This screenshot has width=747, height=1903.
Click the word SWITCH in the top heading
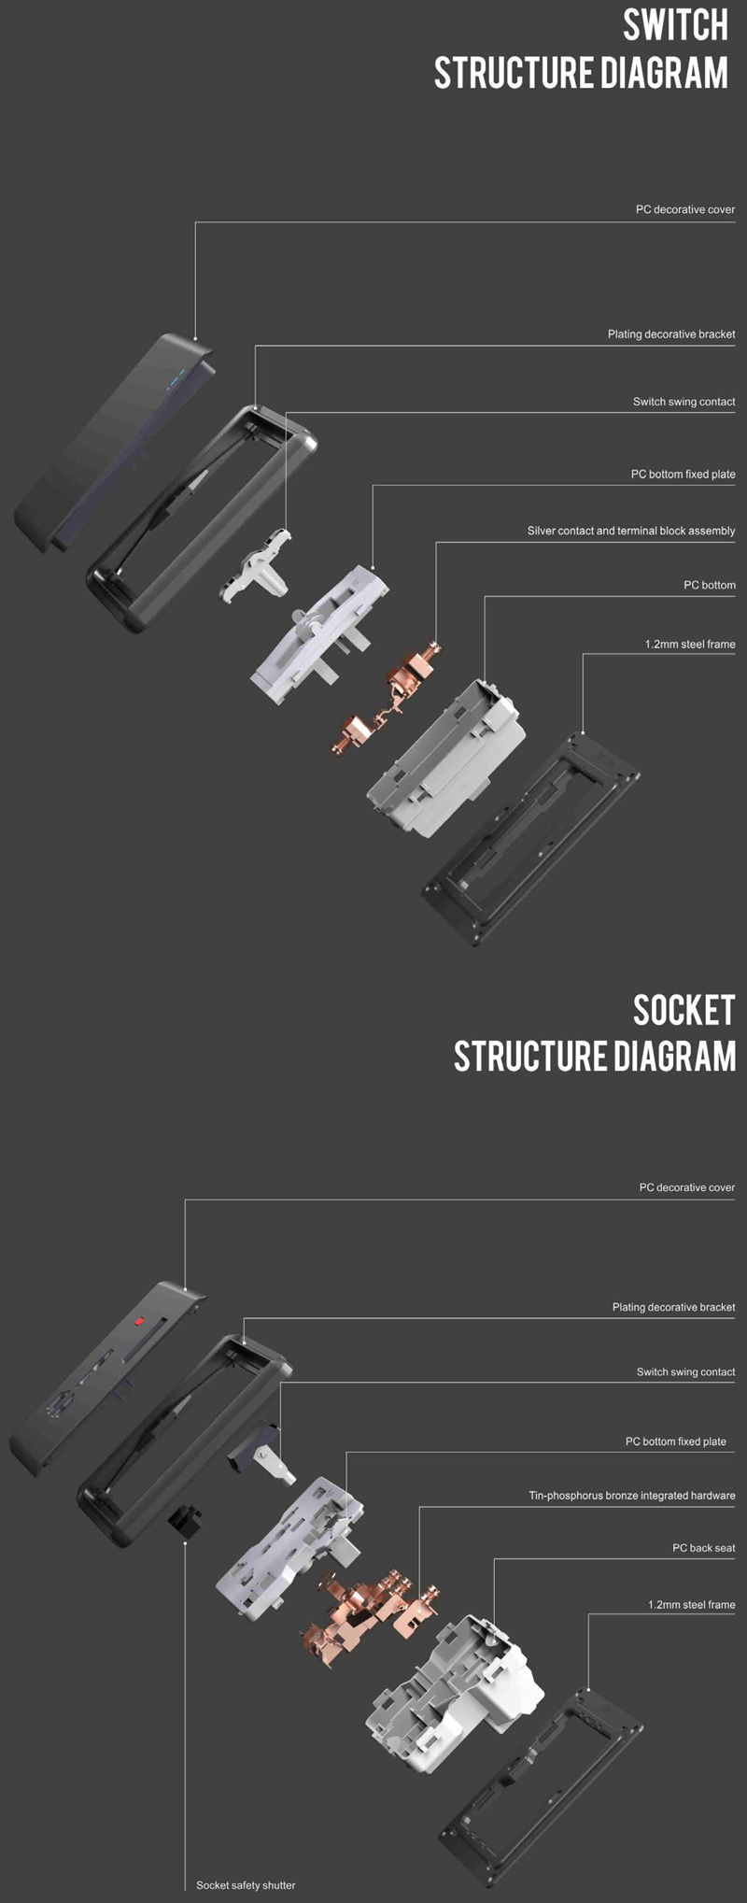pos(675,25)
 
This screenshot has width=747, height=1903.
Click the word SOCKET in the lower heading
pos(684,1010)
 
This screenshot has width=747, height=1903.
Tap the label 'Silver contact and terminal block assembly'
pos(631,531)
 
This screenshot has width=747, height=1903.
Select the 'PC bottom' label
pos(710,585)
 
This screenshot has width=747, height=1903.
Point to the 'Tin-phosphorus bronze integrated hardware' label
pos(632,1496)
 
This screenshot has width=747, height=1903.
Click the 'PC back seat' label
pos(704,1548)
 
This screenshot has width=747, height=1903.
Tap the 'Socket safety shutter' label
pos(246,1885)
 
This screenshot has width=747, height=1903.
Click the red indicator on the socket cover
pos(138,1322)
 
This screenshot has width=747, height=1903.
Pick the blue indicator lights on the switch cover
pos(177,379)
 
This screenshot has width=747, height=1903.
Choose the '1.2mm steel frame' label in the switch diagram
pos(690,645)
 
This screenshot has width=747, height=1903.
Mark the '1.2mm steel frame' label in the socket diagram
pos(692,1604)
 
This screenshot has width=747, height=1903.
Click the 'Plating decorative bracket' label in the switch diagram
pos(671,334)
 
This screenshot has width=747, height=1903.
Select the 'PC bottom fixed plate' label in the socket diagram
pos(676,1441)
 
